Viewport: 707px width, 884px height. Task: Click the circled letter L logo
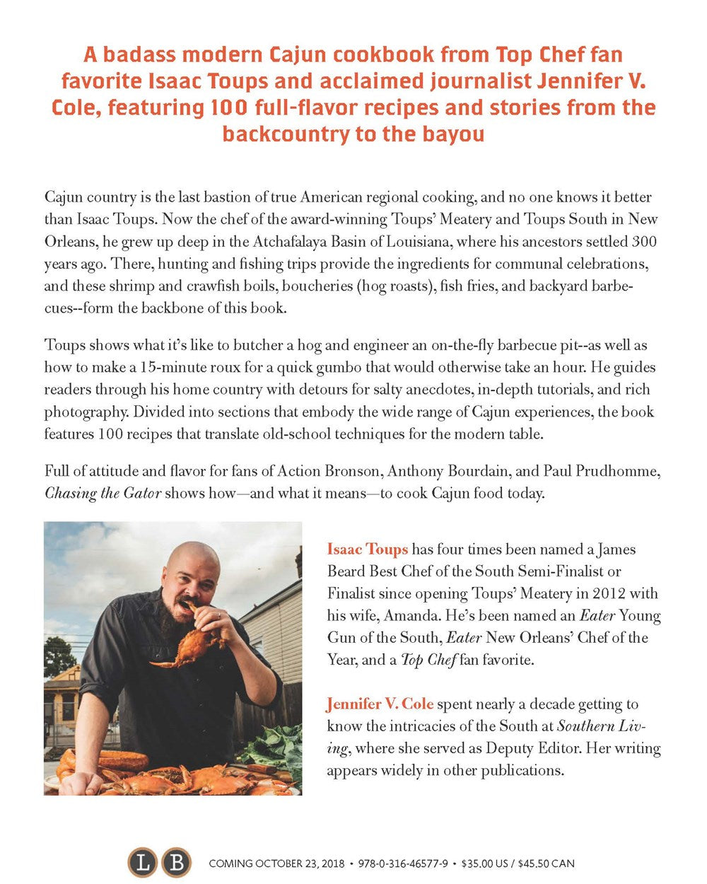(142, 863)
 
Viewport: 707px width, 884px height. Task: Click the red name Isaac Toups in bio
(368, 549)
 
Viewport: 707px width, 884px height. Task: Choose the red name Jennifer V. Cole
(380, 704)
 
